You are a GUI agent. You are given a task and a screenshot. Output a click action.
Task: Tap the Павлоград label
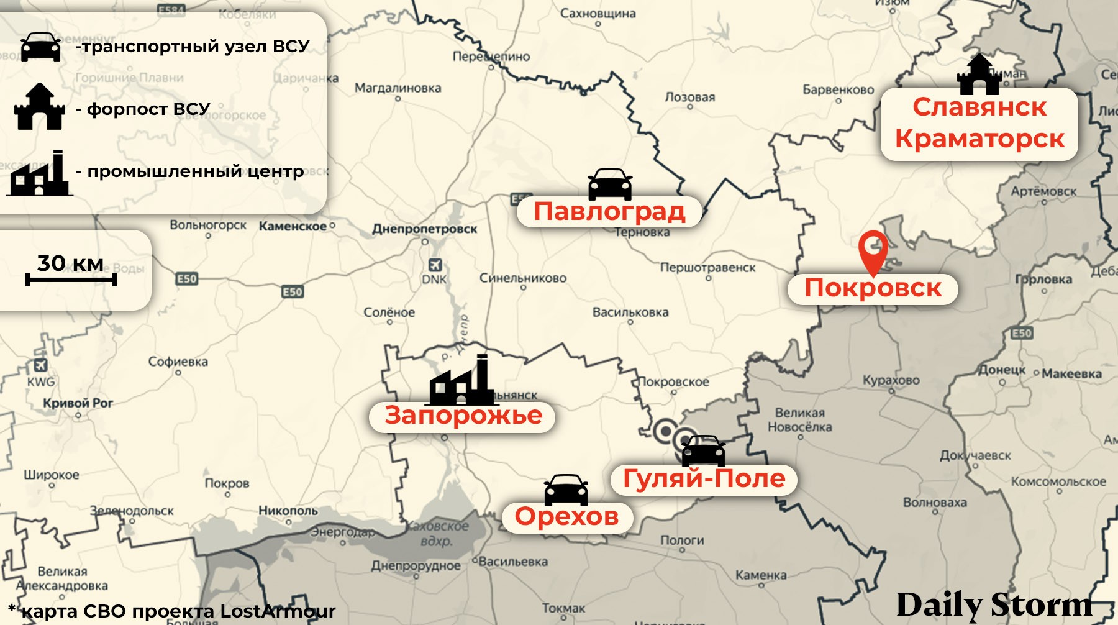click(x=609, y=212)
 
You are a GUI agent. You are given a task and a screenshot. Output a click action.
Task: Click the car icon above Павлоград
click(x=610, y=184)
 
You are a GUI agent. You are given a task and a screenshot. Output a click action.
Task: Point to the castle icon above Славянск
click(x=979, y=75)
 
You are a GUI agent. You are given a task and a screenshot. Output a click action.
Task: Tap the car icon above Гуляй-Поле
click(x=703, y=450)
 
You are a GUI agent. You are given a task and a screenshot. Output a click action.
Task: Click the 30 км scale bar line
click(x=71, y=281)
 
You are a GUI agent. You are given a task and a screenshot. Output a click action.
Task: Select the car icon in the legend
click(x=41, y=47)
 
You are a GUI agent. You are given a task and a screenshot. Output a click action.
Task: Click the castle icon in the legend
click(x=40, y=107)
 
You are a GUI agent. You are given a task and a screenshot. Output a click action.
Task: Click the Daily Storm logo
click(x=994, y=604)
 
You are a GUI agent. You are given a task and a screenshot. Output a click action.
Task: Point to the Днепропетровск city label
click(x=424, y=229)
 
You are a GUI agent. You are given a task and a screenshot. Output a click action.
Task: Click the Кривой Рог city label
click(x=78, y=403)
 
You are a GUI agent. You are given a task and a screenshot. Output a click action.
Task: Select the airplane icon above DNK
click(x=435, y=265)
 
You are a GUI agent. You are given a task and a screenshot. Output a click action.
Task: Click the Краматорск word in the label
click(x=979, y=139)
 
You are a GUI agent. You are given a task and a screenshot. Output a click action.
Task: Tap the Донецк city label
click(x=1002, y=370)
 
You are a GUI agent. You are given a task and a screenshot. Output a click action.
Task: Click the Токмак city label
click(x=563, y=608)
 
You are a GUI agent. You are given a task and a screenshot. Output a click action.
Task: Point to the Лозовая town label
click(x=689, y=97)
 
